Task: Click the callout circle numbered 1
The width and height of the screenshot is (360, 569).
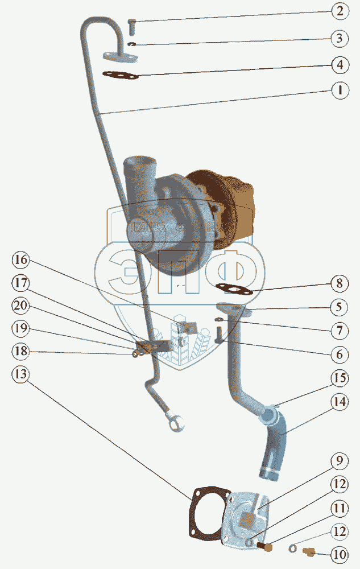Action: tap(340, 90)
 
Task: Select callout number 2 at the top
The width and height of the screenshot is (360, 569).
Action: tap(340, 11)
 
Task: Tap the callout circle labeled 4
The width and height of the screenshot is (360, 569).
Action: tap(340, 64)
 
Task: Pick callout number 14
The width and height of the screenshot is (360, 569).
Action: tap(340, 402)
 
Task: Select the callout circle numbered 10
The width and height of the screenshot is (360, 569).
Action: tap(340, 554)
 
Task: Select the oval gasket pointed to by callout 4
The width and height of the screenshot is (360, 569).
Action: tap(120, 75)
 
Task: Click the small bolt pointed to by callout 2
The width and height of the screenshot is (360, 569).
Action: tap(131, 26)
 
